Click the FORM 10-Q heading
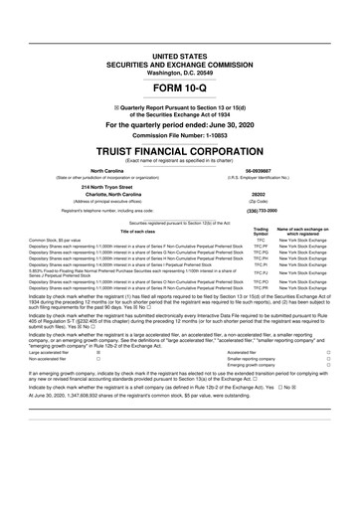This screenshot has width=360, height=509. pyautogui.click(x=180, y=89)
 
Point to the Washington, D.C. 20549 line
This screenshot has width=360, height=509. pyautogui.click(x=180, y=73)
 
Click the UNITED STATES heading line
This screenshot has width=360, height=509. pyautogui.click(x=180, y=57)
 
